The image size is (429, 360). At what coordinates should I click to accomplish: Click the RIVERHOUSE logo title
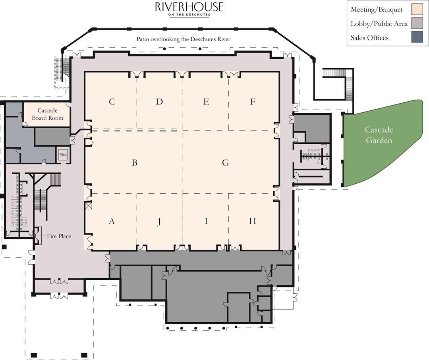coord(189,7)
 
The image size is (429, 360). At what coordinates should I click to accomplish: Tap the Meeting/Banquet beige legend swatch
coord(417,9)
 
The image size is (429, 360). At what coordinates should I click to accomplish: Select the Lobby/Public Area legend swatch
coord(417,23)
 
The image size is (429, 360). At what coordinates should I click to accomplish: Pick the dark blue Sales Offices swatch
coord(417,37)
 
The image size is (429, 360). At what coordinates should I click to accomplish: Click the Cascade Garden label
coord(379,135)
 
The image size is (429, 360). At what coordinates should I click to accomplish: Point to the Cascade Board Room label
coord(47,114)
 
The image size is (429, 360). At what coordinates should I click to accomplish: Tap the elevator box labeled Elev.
coord(63,155)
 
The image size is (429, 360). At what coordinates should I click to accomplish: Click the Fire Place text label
coord(59,236)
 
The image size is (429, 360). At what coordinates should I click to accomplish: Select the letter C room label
coord(112,102)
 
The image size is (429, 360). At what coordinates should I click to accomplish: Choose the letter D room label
coord(159,102)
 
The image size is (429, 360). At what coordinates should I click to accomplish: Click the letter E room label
coord(206,102)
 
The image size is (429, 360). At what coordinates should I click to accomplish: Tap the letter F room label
coord(253,102)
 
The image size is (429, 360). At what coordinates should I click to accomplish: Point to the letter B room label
coord(134,163)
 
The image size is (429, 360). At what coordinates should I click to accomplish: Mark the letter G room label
coord(226,163)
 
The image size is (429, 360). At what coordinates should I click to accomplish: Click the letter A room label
coord(112,221)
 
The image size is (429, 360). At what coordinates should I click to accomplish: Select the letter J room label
coord(159,222)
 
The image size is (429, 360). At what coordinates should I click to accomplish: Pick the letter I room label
coord(206,221)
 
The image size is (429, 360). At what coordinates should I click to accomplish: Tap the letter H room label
coord(253,221)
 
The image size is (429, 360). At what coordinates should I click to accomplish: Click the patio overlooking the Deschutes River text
coord(183,39)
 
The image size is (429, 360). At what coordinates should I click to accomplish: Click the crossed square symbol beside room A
coord(88,206)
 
